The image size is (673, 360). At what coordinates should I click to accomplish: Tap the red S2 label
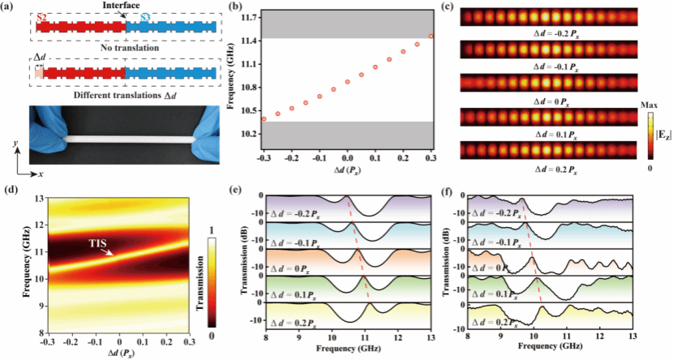point(41,16)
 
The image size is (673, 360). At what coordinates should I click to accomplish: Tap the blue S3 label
point(144,16)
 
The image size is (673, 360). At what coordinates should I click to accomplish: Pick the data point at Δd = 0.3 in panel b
point(431,36)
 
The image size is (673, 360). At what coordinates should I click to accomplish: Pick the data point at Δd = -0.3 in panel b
point(264,119)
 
